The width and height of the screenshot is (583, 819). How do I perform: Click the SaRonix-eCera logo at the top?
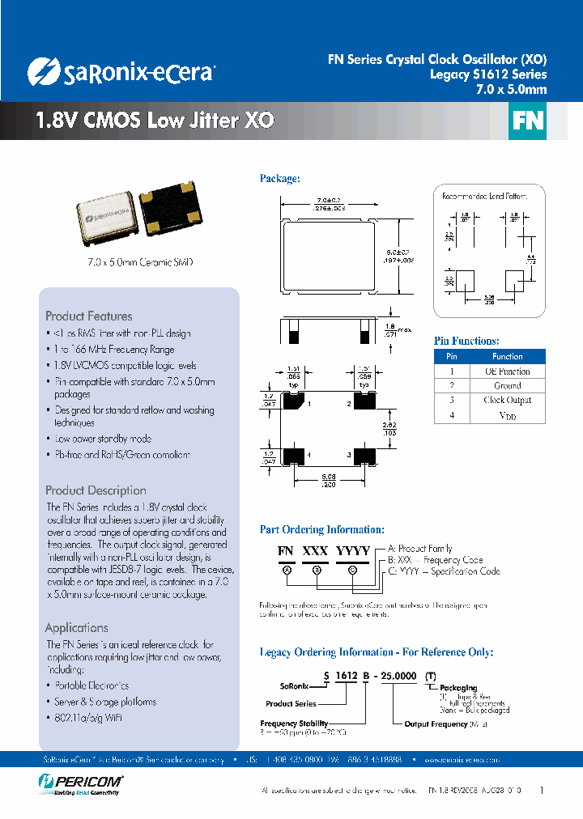coord(121,72)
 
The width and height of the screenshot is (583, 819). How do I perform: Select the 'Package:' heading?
coord(279,178)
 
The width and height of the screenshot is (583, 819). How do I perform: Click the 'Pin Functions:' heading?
coord(466,341)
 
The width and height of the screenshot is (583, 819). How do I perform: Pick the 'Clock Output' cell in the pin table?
coord(507,401)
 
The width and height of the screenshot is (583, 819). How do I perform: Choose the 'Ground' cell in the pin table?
coord(507,386)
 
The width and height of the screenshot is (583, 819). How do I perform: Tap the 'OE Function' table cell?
coord(507,371)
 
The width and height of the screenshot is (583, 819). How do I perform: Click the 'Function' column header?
coord(507,356)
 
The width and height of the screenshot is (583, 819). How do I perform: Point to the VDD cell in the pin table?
coord(507,415)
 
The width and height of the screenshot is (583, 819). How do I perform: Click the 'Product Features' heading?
coord(88,316)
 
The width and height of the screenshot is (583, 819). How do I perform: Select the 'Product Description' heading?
coord(96,490)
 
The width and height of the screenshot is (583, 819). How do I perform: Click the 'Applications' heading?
coord(76,628)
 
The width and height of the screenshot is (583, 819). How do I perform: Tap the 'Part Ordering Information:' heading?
coord(321,529)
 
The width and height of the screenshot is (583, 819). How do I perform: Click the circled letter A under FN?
coord(286,569)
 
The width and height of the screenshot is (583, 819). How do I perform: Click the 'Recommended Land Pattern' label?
coord(484,196)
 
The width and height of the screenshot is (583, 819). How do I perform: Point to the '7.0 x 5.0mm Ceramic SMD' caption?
coord(139,263)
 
